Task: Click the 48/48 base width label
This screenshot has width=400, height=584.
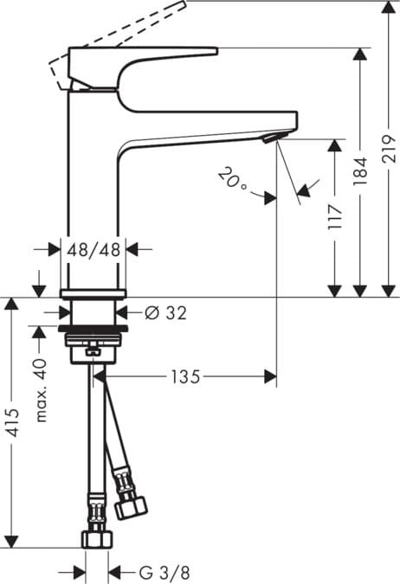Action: (x=94, y=249)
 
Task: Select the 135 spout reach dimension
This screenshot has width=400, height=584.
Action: (x=185, y=376)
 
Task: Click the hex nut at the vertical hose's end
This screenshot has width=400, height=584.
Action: (x=94, y=539)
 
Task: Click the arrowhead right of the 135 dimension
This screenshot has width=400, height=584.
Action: (x=270, y=376)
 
